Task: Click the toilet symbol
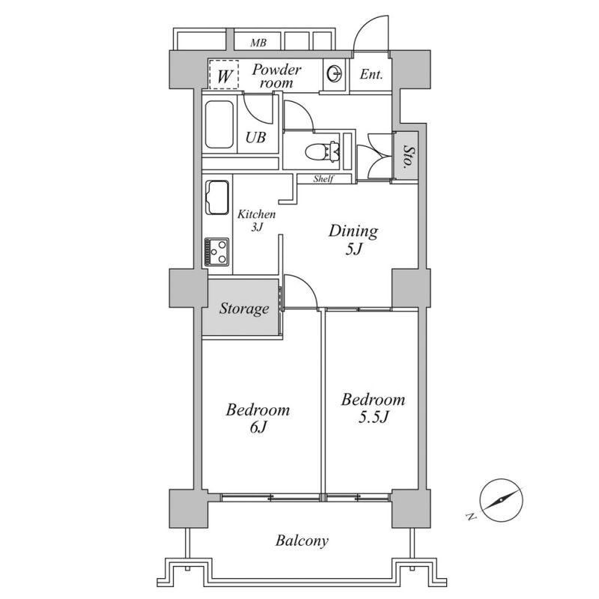click(322, 152)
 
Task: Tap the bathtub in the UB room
click(219, 124)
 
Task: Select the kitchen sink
click(217, 198)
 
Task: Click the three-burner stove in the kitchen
click(217, 252)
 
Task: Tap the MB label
click(258, 43)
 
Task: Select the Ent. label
click(371, 74)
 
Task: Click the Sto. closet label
click(407, 156)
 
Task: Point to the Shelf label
click(323, 178)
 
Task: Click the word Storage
click(244, 308)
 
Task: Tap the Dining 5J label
click(353, 240)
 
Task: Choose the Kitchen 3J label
click(256, 220)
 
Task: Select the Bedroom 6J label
click(258, 419)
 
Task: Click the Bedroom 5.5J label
click(373, 408)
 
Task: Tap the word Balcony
click(302, 541)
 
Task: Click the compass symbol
click(501, 500)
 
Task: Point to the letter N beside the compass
click(472, 517)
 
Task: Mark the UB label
click(255, 138)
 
